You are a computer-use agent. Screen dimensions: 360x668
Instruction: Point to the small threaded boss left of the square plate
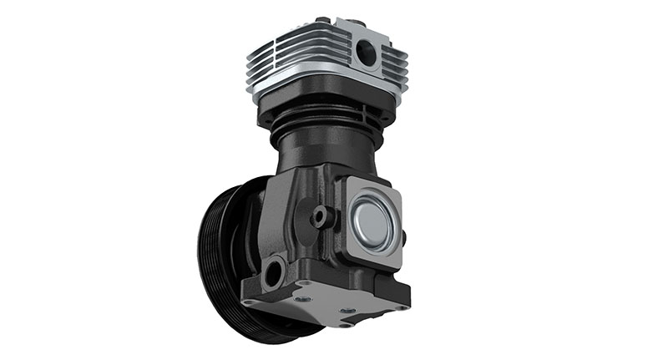coord(320,217)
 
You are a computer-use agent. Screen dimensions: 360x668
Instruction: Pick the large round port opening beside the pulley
coord(272,271)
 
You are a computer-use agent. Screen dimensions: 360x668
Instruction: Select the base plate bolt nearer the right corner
coord(347,312)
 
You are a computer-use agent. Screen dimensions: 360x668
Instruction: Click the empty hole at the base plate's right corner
coord(402,307)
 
